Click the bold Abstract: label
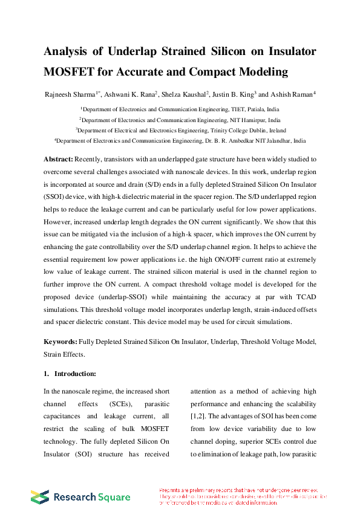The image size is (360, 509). [x=58, y=159]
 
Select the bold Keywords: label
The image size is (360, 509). [x=61, y=342]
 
